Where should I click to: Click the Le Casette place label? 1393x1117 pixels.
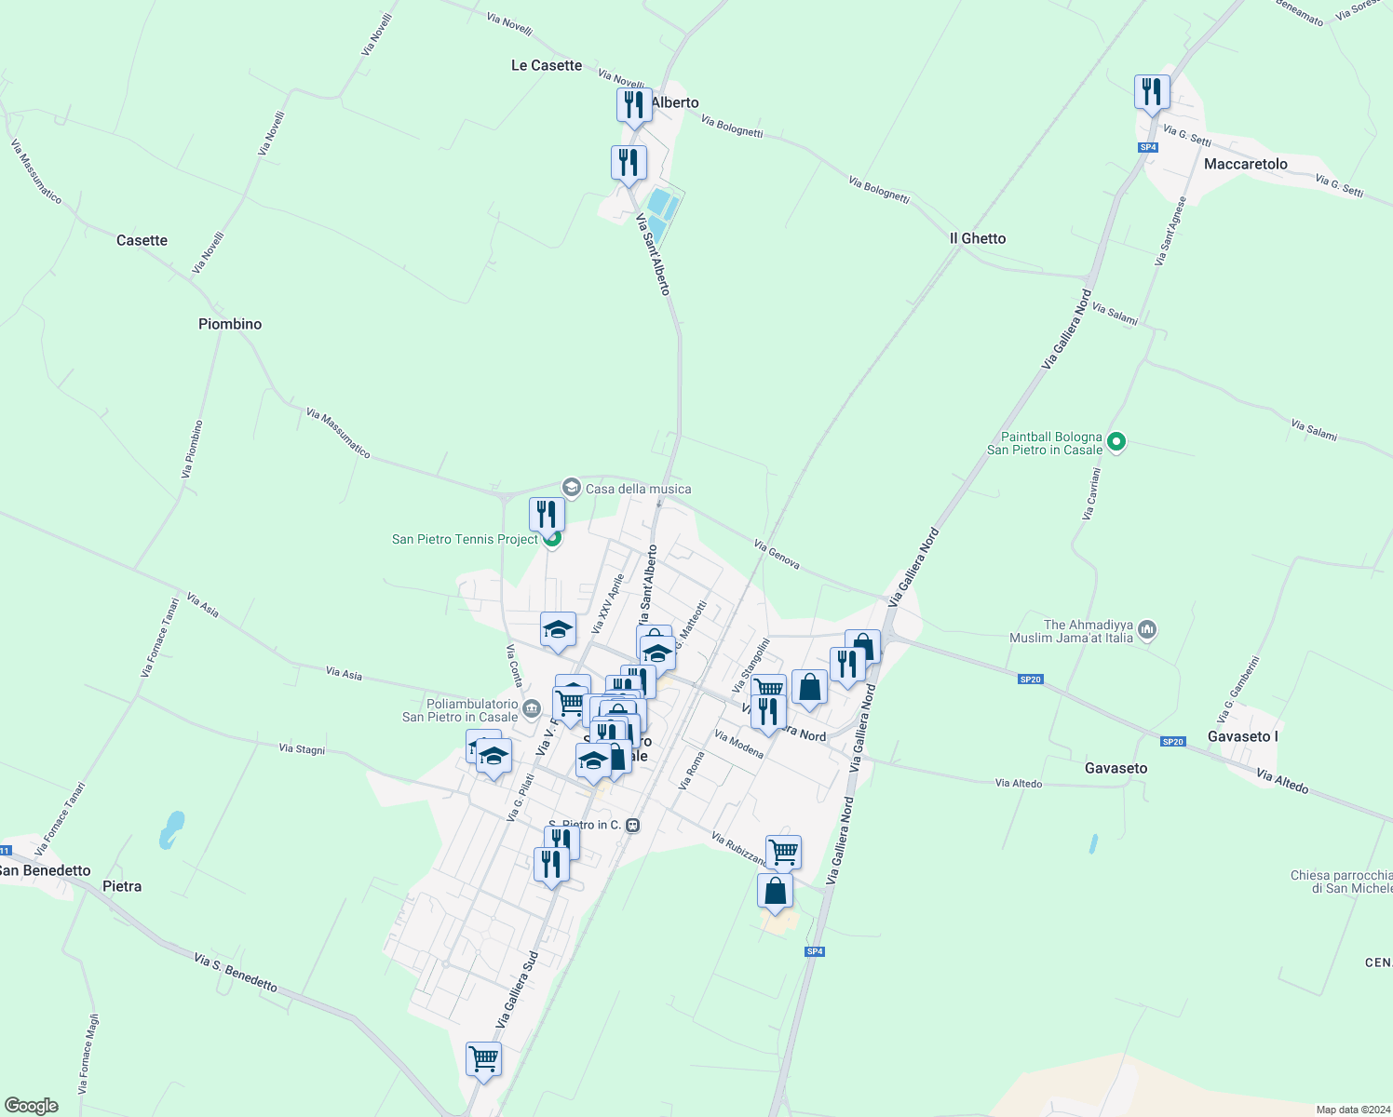pos(547,65)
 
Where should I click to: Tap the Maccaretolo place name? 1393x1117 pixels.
pos(1245,164)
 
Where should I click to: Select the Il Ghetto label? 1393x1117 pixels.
pos(978,238)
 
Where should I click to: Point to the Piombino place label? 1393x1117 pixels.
pos(230,324)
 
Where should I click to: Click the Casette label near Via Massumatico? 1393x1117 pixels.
pos(142,240)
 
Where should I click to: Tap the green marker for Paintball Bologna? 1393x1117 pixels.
pos(1118,443)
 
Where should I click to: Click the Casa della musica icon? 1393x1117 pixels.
pos(571,488)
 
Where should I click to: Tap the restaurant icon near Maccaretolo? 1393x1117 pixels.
pos(1152,92)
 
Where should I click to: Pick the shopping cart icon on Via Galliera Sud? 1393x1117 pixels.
pos(483,1059)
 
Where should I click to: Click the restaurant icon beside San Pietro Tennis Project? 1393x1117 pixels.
pos(547,515)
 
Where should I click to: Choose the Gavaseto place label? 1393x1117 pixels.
pos(1116,768)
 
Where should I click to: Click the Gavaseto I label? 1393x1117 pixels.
pos(1242,736)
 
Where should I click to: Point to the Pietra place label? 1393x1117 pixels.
pos(122,886)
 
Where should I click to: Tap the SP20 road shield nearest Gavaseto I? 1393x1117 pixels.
pos(1172,742)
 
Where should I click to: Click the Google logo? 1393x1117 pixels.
pos(31,1106)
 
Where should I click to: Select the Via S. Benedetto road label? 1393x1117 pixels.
pos(236,972)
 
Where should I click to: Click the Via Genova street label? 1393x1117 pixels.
pos(777,555)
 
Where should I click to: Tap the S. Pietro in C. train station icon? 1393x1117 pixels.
pos(633,826)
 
